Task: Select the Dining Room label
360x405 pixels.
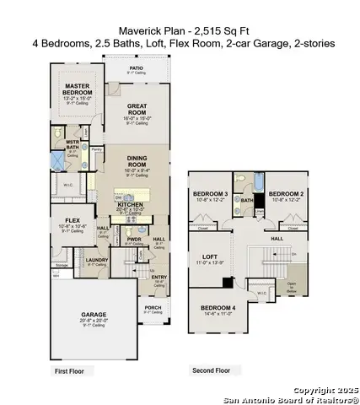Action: (137, 160)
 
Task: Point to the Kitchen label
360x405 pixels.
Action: (132, 204)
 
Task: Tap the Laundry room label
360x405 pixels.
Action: (97, 261)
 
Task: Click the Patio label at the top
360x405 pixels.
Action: (136, 67)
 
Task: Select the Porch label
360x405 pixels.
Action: (153, 307)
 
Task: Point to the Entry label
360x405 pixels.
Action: (159, 276)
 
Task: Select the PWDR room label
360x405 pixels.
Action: (133, 239)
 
